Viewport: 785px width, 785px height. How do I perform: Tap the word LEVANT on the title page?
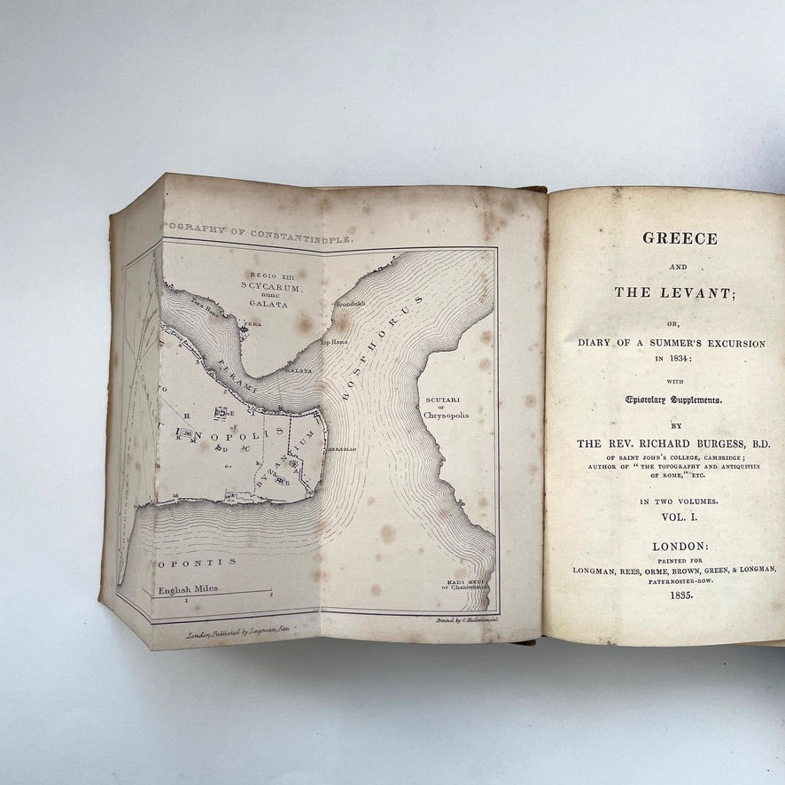point(696,292)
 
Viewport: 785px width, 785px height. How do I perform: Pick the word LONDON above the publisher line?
point(679,547)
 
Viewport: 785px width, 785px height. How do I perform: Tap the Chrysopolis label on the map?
point(446,415)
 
